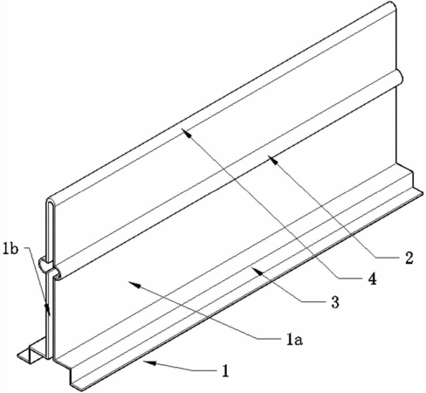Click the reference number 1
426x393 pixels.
pyautogui.click(x=225, y=371)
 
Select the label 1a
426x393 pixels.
pyautogui.click(x=294, y=340)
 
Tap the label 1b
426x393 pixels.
pyautogui.click(x=10, y=249)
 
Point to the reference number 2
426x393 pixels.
pyautogui.click(x=409, y=258)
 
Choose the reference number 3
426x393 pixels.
pyautogui.click(x=335, y=301)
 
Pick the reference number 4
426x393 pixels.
pyautogui.click(x=372, y=279)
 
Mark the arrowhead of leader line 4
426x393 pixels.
pyautogui.click(x=186, y=133)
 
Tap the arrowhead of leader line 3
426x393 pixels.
pyautogui.click(x=257, y=271)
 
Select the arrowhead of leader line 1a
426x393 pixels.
pyautogui.click(x=134, y=285)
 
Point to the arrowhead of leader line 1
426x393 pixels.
pyautogui.click(x=149, y=362)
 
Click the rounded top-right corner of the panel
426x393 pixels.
pyautogui.click(x=393, y=6)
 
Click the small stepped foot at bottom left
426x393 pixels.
pyautogui.click(x=31, y=351)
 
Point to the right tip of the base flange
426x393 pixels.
pyautogui.click(x=421, y=193)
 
